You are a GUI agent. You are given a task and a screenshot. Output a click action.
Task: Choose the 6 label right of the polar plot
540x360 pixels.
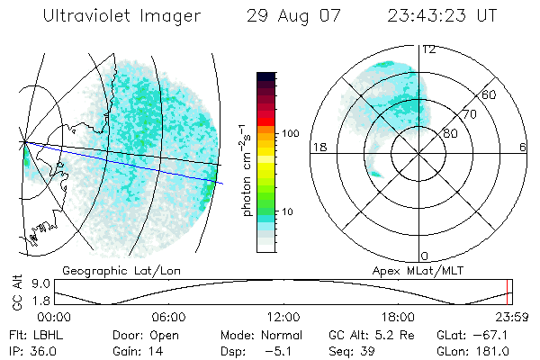tap(523, 148)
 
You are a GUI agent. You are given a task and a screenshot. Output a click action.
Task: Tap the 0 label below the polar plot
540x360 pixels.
tap(425, 256)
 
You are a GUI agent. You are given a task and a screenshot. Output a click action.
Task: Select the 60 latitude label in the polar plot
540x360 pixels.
tap(489, 94)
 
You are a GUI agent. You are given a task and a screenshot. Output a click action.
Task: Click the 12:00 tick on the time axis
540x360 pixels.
tap(283, 317)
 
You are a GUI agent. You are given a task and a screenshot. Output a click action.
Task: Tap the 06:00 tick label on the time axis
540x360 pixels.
tap(168, 317)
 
